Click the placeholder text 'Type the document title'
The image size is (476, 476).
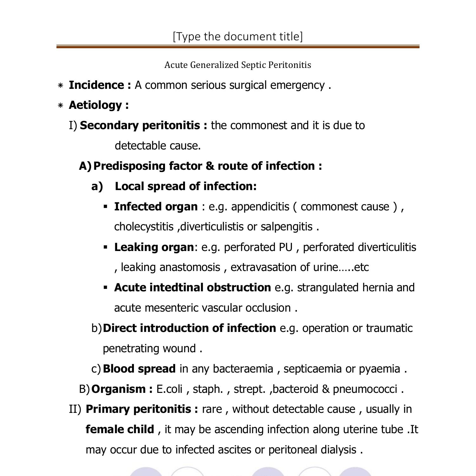238,36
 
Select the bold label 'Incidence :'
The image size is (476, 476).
100,85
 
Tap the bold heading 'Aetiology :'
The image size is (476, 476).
99,105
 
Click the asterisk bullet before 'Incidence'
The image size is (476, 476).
61,86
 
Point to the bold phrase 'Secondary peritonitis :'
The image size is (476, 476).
143,125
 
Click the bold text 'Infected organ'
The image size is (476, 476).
156,207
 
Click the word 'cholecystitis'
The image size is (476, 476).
144,227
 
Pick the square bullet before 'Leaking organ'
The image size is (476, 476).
106,247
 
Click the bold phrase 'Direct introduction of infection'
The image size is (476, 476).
189,328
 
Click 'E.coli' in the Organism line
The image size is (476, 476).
169,389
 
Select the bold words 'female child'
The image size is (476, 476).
120,429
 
